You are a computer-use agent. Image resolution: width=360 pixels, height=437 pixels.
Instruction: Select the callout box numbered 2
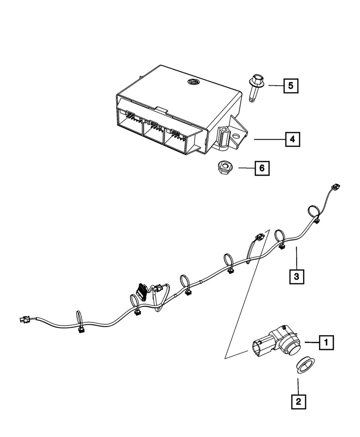pyautogui.click(x=298, y=401)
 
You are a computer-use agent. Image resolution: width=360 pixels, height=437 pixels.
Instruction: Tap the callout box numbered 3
pyautogui.click(x=296, y=276)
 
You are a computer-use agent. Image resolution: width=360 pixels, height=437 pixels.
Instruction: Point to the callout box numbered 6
pyautogui.click(x=262, y=168)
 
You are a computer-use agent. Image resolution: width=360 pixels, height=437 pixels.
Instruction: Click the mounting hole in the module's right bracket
pyautogui.click(x=236, y=137)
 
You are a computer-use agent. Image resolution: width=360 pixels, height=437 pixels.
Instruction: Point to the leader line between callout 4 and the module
pyautogui.click(x=268, y=139)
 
